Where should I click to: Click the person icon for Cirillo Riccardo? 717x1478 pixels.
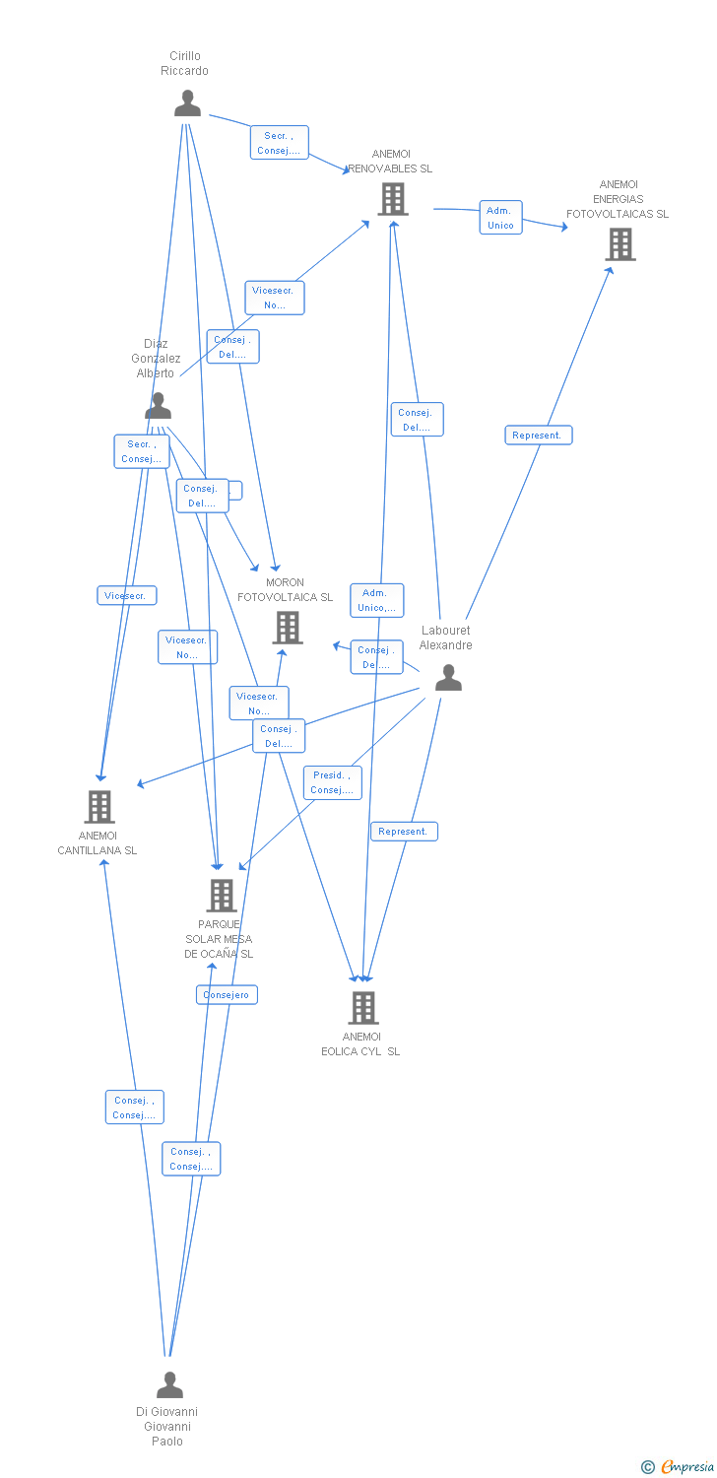coord(187,103)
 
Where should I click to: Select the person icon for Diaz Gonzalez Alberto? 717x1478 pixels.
coord(158,406)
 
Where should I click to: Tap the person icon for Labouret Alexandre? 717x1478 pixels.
coord(448,678)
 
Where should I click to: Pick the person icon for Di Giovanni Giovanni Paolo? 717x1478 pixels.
coord(169,1385)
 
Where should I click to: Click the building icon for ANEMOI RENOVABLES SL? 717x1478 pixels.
coord(392,199)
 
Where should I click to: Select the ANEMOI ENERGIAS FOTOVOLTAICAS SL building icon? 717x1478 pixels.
coord(619,244)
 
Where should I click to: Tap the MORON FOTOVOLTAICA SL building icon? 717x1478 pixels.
coord(288,628)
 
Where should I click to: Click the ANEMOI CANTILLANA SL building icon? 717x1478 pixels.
coord(98,807)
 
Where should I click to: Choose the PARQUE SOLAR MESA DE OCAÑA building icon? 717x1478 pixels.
coord(222,896)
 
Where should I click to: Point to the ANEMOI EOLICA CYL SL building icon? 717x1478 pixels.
coord(363,1008)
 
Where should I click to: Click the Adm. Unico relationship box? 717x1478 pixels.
coord(500,218)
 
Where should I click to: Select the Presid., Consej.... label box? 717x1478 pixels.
coord(332,782)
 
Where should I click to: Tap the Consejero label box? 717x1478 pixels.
coord(227,995)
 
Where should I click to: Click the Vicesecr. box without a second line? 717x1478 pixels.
coord(126,595)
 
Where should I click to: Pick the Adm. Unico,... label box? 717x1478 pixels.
coord(376,600)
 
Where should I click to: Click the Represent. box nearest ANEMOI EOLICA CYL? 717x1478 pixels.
coord(404,832)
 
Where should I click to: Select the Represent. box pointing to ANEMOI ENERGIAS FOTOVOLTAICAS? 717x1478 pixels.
coord(538,435)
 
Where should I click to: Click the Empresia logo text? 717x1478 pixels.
coord(686,1467)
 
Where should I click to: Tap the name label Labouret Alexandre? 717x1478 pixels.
coord(446,638)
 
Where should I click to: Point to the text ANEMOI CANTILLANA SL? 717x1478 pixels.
coord(98,843)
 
